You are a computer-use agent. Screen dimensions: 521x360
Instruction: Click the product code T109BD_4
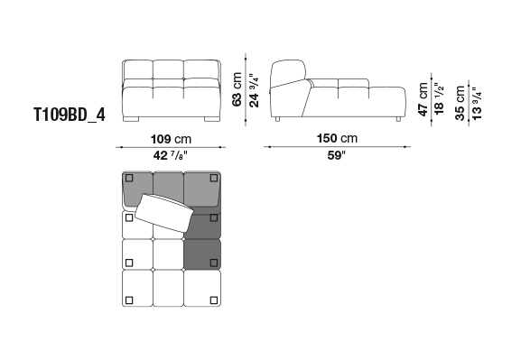click(70, 115)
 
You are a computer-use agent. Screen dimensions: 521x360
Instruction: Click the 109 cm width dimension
click(171, 139)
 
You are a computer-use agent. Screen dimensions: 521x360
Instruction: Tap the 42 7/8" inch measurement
click(171, 155)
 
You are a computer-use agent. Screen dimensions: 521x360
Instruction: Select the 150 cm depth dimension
click(337, 138)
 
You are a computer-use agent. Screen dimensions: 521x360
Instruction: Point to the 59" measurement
click(336, 155)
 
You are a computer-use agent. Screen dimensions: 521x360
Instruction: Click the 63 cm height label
click(237, 89)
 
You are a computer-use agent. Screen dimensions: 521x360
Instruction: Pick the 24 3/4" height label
click(255, 90)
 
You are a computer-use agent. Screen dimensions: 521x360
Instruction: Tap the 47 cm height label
click(423, 99)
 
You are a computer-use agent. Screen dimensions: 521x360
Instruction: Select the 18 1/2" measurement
click(439, 99)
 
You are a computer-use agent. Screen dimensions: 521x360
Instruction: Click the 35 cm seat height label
click(461, 103)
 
